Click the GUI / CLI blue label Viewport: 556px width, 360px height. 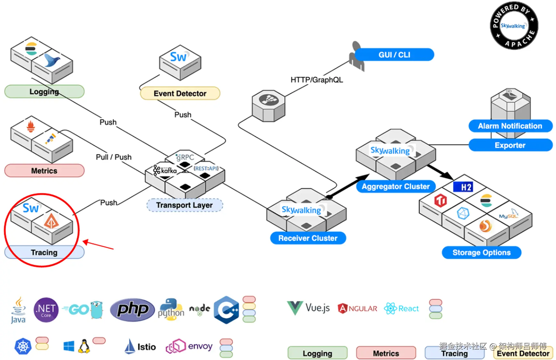click(394, 55)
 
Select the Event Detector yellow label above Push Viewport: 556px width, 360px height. click(180, 93)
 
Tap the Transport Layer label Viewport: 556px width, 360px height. click(185, 205)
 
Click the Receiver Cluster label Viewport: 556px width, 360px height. click(308, 238)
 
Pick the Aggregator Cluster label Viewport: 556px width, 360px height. click(396, 187)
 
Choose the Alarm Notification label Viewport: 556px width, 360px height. click(510, 126)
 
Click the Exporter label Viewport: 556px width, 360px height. click(510, 145)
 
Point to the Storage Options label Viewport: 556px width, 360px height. click(481, 252)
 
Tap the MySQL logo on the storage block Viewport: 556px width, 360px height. click(509, 214)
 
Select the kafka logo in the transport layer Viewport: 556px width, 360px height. click(165, 170)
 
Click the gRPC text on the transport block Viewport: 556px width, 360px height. click(185, 157)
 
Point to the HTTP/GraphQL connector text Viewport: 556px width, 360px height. click(316, 80)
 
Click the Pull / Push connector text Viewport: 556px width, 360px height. click(114, 157)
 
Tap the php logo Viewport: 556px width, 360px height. click(132, 309)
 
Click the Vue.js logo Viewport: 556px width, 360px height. click(308, 308)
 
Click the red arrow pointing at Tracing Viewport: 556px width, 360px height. click(99, 245)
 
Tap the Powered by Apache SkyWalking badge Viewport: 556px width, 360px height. click(514, 26)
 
